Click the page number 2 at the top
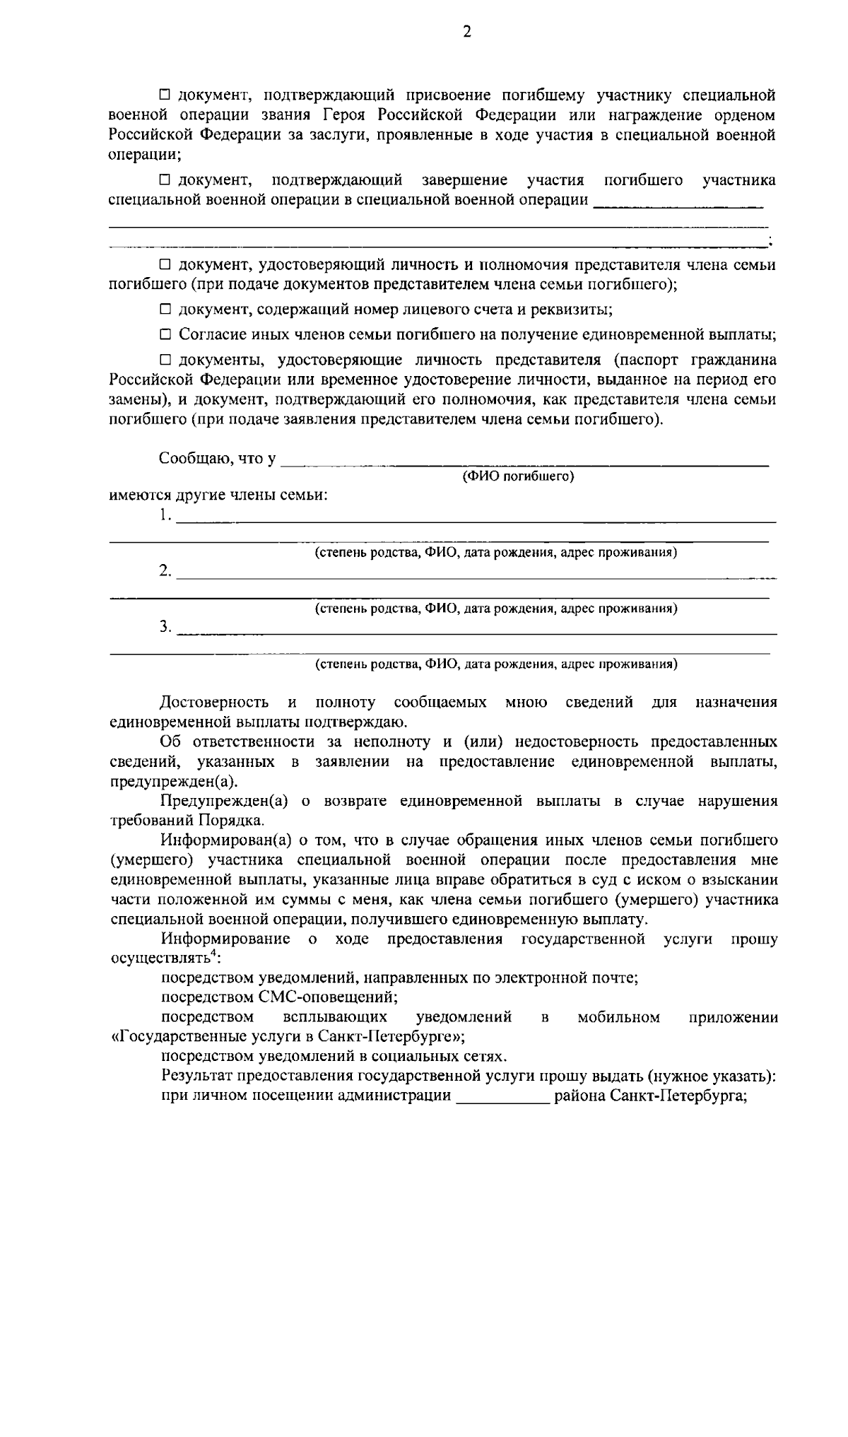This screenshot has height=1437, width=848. click(x=466, y=32)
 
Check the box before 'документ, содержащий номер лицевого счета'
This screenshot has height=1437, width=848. click(x=165, y=310)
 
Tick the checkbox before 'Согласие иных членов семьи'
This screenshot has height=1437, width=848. click(x=165, y=334)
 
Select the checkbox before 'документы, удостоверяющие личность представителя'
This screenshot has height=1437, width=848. click(x=165, y=360)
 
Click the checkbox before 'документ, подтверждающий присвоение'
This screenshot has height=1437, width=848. click(x=165, y=95)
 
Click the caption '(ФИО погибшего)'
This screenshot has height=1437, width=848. click(x=518, y=476)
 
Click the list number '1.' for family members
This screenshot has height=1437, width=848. click(x=165, y=515)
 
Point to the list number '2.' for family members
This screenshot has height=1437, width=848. click(x=165, y=571)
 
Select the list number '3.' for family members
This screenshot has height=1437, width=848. click(x=165, y=627)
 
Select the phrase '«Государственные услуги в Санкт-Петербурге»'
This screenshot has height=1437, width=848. click(x=288, y=1037)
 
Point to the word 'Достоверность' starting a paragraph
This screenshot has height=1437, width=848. click(x=214, y=703)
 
